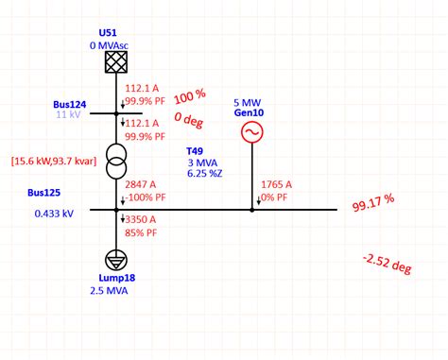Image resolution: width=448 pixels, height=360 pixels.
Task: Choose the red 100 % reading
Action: pyautogui.click(x=189, y=96)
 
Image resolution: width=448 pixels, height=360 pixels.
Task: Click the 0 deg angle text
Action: pyautogui.click(x=190, y=118)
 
